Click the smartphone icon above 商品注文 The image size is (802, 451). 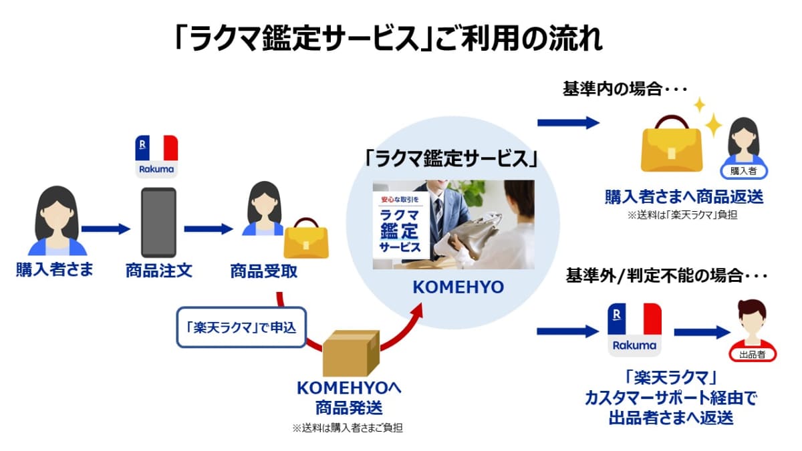pyautogui.click(x=158, y=222)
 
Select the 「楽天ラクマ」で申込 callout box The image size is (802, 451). pyautogui.click(x=241, y=327)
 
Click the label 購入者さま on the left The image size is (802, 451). pyautogui.click(x=55, y=271)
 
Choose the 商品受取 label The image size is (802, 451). pyautogui.click(x=263, y=271)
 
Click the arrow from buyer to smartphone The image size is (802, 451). pyautogui.click(x=105, y=229)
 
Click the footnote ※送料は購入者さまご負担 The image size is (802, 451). pyautogui.click(x=348, y=428)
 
